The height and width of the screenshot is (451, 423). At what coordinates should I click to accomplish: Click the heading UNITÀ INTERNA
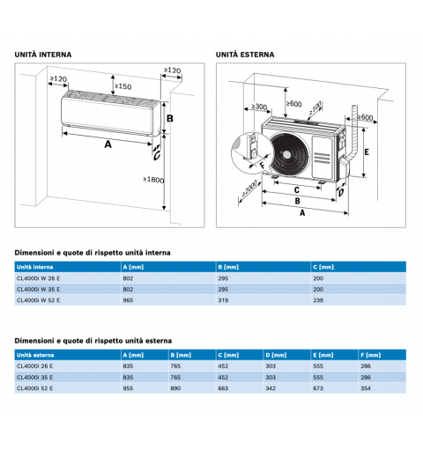[43, 55]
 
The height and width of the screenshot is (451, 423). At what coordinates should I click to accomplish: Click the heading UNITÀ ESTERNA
[245, 55]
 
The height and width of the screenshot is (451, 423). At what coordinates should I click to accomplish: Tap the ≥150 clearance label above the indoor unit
[123, 86]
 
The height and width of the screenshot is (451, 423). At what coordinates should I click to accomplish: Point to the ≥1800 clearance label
[153, 180]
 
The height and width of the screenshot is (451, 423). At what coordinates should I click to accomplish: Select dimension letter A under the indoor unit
[108, 144]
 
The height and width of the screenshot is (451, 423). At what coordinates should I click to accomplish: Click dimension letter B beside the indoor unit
[170, 118]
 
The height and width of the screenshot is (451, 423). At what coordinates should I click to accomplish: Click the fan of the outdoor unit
[289, 154]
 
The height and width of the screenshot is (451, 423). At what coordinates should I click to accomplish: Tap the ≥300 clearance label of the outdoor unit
[259, 107]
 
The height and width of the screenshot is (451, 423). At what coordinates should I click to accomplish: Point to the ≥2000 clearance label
[249, 189]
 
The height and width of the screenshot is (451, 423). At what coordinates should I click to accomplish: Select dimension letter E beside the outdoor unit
[367, 152]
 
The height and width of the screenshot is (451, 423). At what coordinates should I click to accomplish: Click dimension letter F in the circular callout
[263, 166]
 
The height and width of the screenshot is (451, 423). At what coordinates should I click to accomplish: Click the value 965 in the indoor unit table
[128, 300]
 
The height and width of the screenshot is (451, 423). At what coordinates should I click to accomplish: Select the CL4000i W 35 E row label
[38, 289]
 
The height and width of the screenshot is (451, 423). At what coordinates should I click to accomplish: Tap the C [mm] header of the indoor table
[323, 267]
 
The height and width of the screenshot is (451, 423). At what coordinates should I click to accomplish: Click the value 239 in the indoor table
[318, 300]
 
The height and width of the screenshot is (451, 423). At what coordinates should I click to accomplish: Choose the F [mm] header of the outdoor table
[371, 355]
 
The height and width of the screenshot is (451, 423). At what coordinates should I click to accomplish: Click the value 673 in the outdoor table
[318, 388]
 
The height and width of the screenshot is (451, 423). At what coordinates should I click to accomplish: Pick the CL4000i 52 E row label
[35, 388]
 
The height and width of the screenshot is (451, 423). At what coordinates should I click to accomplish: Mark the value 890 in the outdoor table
[175, 388]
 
